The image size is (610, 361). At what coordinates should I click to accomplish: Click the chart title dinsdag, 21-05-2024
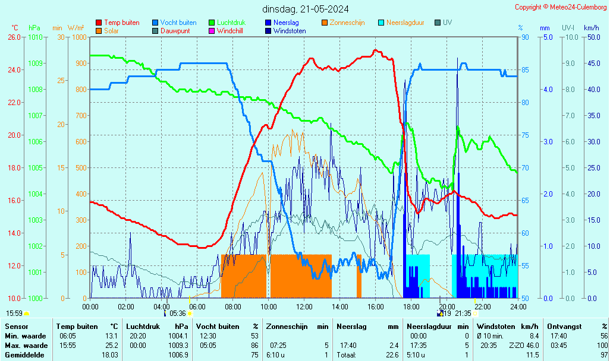pyautogui.click(x=305, y=9)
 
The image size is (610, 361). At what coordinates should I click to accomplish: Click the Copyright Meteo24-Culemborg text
pyautogui.click(x=561, y=7)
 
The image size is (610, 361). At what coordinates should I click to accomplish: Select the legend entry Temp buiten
pyautogui.click(x=121, y=23)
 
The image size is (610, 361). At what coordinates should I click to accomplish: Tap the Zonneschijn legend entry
pyautogui.click(x=347, y=23)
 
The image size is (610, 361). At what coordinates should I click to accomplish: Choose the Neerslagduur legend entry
pyautogui.click(x=405, y=23)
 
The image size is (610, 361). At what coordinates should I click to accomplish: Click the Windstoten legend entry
pyautogui.click(x=290, y=31)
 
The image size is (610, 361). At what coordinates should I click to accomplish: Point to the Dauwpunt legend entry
pyautogui.click(x=175, y=31)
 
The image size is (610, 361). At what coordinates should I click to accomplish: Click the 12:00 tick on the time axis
pyautogui.click(x=304, y=306)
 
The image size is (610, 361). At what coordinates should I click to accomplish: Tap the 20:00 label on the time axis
pyautogui.click(x=447, y=306)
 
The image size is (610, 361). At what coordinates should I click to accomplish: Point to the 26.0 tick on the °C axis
pyautogui.click(x=14, y=37)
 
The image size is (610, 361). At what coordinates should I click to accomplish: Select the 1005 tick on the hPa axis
pyautogui.click(x=36, y=167)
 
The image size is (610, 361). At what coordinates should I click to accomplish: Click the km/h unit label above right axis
pyautogui.click(x=591, y=28)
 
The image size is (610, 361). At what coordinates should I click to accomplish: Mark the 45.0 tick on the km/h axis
pyautogui.click(x=592, y=64)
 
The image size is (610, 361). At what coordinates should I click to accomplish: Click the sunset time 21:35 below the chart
pyautogui.click(x=463, y=313)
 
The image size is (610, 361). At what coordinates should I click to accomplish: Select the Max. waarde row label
pyautogui.click(x=26, y=346)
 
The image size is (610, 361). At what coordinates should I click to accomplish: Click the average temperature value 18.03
pyautogui.click(x=109, y=355)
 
